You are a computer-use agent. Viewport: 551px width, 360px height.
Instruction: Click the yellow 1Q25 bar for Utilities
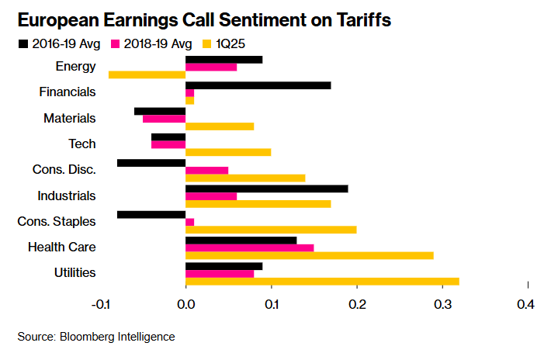[322, 282]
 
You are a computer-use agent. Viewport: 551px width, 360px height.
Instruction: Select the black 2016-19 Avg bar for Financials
[258, 85]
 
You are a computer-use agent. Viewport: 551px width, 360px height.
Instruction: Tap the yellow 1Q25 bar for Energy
[147, 75]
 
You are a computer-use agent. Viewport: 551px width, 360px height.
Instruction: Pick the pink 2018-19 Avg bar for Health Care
[250, 247]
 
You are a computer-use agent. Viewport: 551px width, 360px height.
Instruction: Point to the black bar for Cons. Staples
[151, 214]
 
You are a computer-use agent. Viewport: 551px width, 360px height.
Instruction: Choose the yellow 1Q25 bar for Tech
[228, 152]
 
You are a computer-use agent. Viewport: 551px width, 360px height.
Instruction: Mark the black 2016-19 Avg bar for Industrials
[267, 189]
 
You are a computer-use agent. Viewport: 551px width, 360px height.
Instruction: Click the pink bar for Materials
[165, 119]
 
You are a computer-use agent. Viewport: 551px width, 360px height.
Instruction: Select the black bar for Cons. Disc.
[151, 163]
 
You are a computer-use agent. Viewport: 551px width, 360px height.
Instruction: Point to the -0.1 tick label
[101, 305]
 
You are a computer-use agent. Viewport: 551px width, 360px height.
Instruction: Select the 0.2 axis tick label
[356, 305]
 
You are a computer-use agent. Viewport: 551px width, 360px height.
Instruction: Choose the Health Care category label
[61, 247]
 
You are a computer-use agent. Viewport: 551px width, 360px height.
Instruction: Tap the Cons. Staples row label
[57, 221]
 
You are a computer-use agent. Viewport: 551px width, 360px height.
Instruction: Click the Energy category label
[76, 66]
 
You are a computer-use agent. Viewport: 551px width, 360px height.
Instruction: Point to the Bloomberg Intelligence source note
[96, 336]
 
